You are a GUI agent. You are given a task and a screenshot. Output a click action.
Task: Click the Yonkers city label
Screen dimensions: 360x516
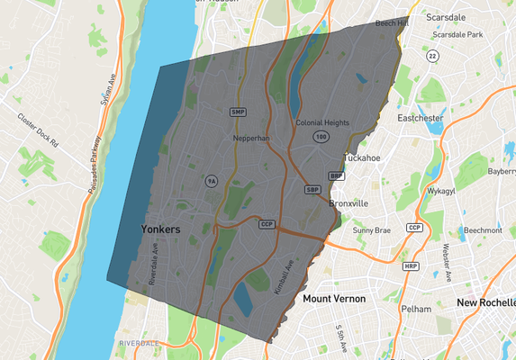pyautogui.click(x=161, y=230)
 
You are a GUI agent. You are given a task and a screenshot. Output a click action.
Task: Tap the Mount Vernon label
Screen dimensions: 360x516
pyautogui.click(x=335, y=298)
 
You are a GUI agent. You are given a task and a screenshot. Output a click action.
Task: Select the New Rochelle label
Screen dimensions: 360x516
pyautogui.click(x=484, y=302)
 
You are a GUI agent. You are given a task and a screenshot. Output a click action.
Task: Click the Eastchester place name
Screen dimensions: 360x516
pyautogui.click(x=420, y=117)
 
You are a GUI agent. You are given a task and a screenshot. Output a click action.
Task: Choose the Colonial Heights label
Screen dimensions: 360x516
pyautogui.click(x=322, y=122)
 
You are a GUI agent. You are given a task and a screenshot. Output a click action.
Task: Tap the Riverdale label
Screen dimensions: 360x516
pyautogui.click(x=139, y=343)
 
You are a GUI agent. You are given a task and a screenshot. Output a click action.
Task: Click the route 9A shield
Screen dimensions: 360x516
pyautogui.click(x=211, y=181)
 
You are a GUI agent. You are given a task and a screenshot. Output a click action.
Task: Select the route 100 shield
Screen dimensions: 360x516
pyautogui.click(x=321, y=136)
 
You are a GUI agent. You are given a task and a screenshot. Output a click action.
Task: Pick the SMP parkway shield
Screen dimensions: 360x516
pyautogui.click(x=238, y=112)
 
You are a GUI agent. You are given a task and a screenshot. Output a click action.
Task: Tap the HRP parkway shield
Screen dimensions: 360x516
pyautogui.click(x=411, y=266)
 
